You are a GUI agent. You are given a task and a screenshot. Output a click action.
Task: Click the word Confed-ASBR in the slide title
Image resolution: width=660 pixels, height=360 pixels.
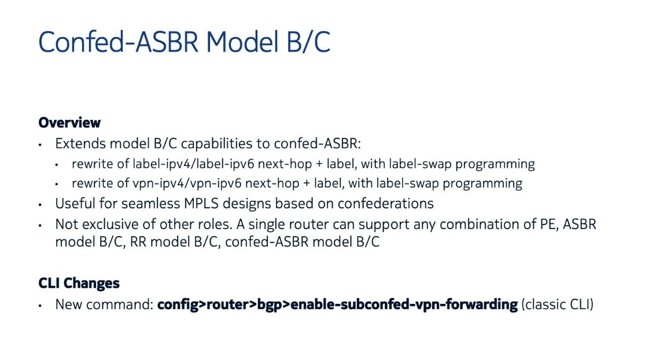[x=118, y=42]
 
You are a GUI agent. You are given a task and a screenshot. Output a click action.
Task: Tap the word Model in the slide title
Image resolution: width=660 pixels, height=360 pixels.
[x=242, y=42]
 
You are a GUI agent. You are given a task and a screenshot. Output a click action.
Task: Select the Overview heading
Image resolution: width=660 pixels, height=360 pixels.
[x=69, y=123]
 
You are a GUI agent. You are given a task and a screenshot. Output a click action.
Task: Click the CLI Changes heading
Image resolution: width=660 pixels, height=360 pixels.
[x=79, y=283]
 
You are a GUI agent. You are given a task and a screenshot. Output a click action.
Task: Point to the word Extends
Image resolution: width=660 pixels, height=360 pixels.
[x=80, y=144]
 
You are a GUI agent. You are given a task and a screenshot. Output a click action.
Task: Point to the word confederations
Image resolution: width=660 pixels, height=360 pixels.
[x=386, y=204]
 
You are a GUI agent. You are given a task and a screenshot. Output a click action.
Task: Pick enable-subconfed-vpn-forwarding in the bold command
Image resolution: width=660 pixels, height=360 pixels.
[x=404, y=304]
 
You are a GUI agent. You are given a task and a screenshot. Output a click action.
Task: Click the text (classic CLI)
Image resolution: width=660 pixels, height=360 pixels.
[x=557, y=304]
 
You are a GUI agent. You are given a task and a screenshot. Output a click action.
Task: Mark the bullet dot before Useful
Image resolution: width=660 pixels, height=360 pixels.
[x=40, y=205]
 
